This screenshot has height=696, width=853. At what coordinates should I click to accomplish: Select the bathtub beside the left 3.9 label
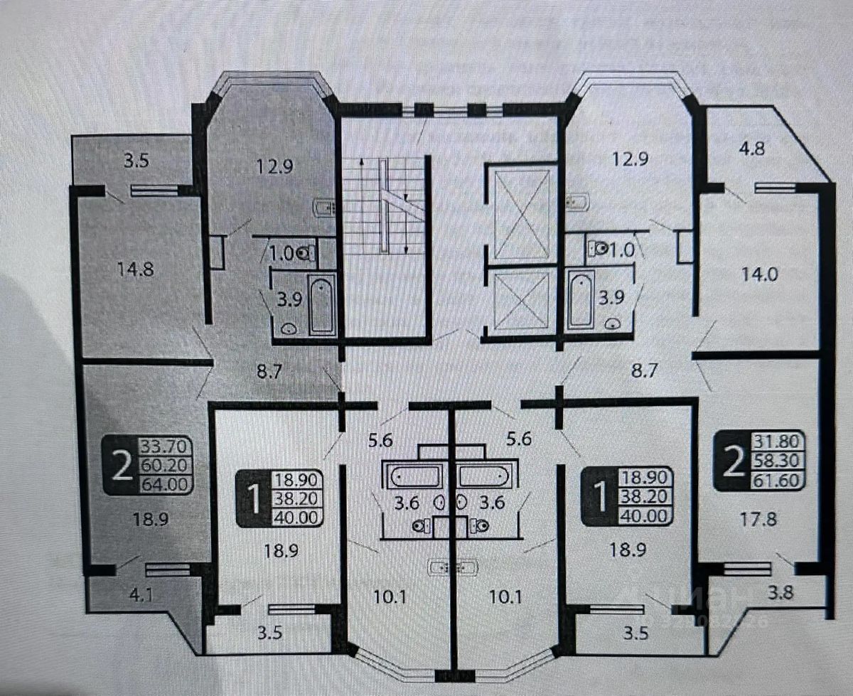click(321, 306)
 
